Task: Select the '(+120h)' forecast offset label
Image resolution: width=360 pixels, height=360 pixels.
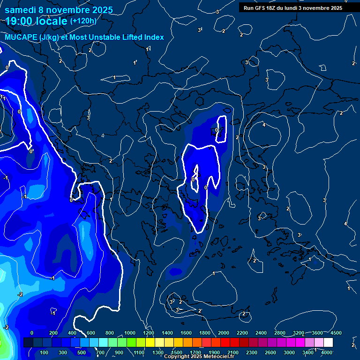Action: tap(83, 21)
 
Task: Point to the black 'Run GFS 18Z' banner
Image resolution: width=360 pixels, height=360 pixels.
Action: tap(293, 8)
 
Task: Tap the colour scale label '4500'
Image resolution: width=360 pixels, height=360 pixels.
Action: tap(336, 333)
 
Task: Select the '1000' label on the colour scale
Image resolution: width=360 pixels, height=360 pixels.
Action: tap(130, 333)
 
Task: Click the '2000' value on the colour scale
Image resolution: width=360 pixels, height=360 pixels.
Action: tap(224, 333)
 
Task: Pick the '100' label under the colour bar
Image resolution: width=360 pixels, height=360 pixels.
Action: tap(45, 352)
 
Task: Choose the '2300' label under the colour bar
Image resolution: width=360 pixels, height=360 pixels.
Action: tap(252, 352)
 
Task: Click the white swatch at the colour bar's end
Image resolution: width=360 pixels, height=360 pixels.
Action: tap(328, 343)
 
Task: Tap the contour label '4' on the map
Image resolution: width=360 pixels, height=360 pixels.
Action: tap(264, 125)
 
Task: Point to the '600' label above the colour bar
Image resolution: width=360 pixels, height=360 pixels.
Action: tap(91, 333)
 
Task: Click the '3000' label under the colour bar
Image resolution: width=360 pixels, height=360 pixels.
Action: tap(289, 352)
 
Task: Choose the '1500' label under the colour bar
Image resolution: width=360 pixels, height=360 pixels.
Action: tap(177, 352)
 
